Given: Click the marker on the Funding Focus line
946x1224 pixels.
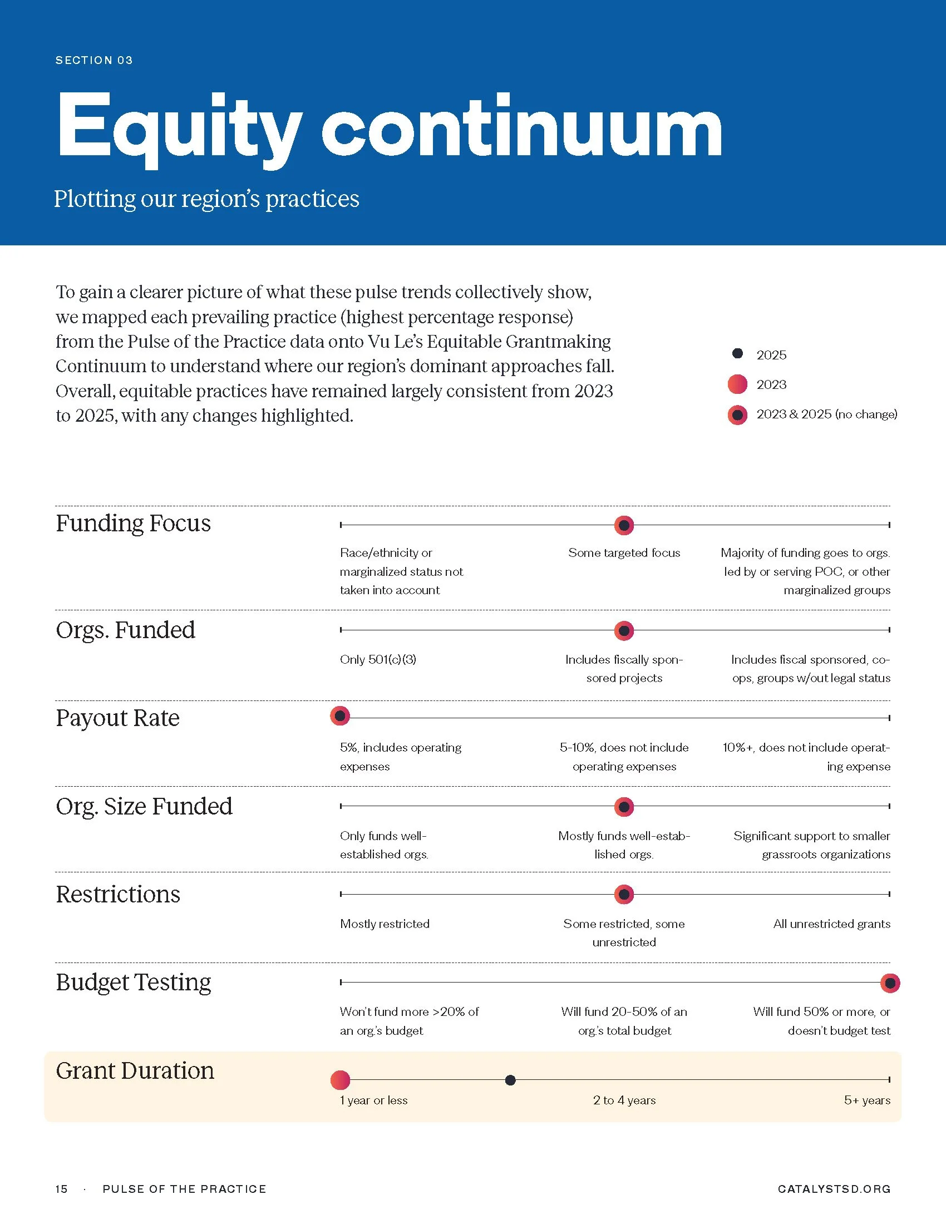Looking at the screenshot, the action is pos(624,525).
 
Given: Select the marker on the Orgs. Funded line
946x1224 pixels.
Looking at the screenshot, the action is pos(624,630).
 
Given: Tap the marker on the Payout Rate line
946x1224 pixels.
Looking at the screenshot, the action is pos(339,715).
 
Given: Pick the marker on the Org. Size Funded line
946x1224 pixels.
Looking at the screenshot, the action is pos(624,807).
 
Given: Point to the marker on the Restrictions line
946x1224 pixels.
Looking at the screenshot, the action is pos(624,895).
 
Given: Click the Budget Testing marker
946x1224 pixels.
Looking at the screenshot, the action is pos(890,983).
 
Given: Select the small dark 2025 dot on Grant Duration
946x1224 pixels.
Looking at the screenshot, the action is pos(510,1080).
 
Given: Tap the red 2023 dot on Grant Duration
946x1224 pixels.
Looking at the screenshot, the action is pos(340,1080).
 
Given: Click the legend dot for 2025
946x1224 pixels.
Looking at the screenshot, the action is pos(737,353).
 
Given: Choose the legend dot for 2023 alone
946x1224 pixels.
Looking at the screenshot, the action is pos(737,384).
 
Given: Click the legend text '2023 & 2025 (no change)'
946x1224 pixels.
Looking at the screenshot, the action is pos(826,414).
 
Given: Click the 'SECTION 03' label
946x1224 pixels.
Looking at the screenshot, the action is pos(94,61).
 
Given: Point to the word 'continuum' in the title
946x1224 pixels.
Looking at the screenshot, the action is pos(522,129).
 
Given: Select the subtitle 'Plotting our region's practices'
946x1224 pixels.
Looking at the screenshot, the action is pos(207,199).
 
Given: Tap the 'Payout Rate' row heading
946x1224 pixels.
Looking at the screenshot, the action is pos(117,718).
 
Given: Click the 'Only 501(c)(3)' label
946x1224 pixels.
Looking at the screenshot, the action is pos(378,660).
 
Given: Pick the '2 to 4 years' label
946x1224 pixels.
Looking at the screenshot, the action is pos(624,1100).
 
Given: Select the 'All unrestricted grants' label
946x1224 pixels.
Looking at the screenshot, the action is pos(832,924).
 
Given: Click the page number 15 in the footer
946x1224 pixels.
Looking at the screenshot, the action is pos(62,1190).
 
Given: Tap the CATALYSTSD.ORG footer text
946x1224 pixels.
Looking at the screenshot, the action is pos(834,1190).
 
